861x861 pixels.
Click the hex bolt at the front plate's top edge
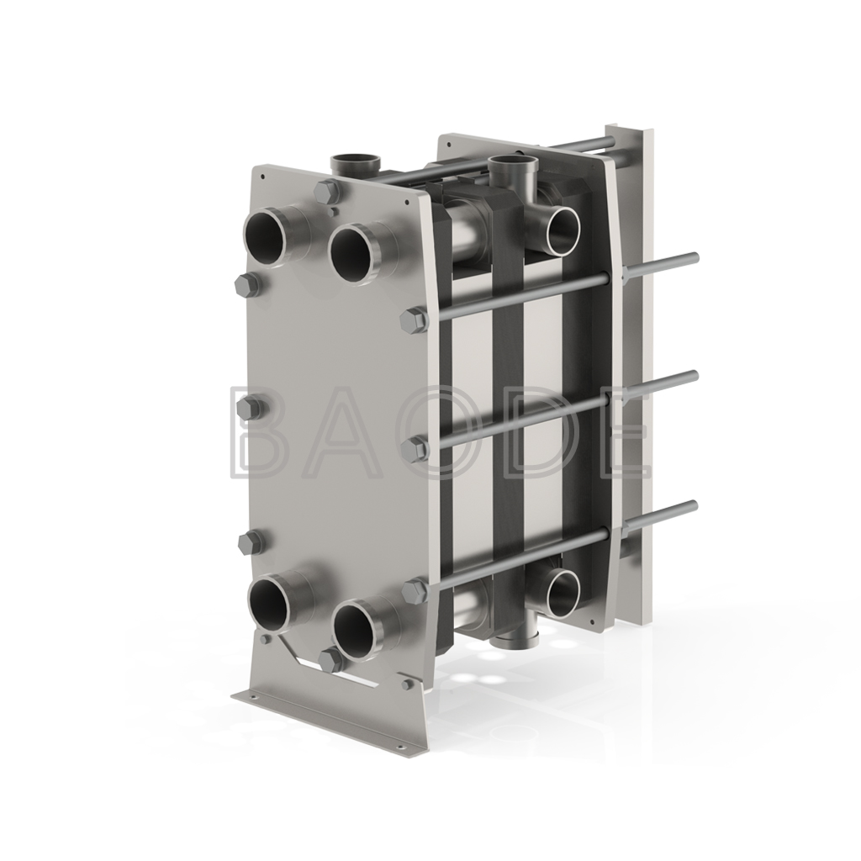coord(327,191)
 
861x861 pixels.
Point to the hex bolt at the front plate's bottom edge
coord(331,662)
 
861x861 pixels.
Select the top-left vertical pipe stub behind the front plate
coord(355,166)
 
